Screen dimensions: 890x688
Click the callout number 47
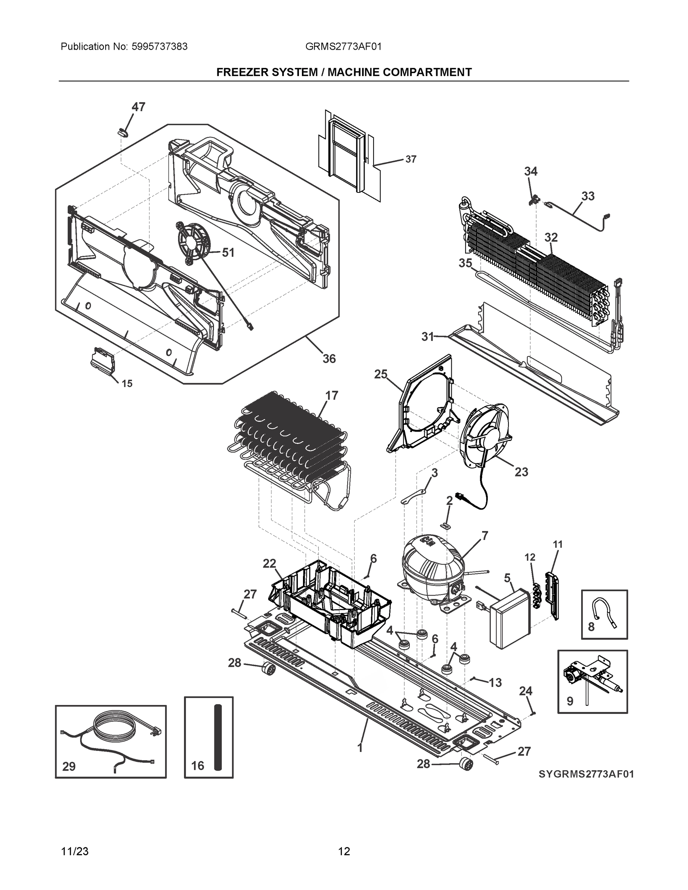[138, 107]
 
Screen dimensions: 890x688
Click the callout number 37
[411, 159]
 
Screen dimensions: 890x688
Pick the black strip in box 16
[218, 737]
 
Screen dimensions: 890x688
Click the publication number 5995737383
[159, 47]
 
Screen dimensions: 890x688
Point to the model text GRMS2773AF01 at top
[343, 47]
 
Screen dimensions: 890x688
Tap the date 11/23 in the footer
[75, 851]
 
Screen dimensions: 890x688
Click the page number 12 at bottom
[344, 851]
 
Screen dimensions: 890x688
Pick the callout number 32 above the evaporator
[551, 237]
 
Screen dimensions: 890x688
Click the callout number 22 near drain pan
[269, 564]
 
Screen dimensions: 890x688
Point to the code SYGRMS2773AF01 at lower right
[586, 774]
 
